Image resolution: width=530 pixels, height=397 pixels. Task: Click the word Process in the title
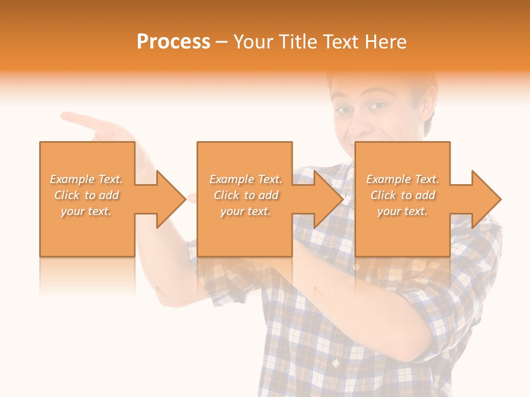click(173, 42)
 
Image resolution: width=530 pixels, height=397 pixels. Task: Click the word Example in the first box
click(72, 179)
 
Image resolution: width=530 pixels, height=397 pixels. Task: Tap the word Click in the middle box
click(226, 195)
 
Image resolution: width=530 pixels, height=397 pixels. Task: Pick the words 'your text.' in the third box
click(402, 211)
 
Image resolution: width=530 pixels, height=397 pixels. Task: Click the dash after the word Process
click(222, 42)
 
